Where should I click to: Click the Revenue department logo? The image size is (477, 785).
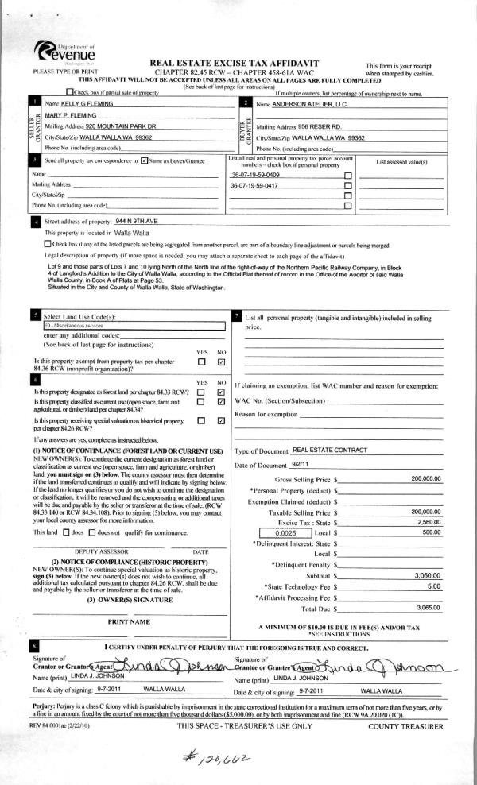[x=65, y=55]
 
